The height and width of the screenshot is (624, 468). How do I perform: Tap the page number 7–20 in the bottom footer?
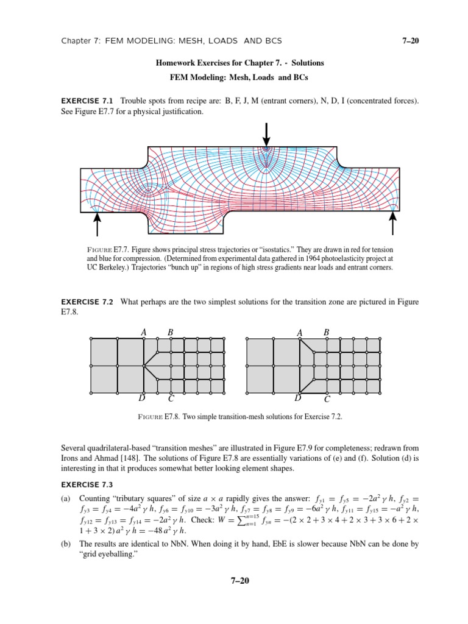point(234,580)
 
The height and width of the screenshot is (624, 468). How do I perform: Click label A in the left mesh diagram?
point(144,332)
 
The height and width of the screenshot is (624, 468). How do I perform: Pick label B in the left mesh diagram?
point(171,332)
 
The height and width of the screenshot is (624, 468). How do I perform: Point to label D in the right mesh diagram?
point(298,399)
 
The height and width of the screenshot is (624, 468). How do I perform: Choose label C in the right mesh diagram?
point(327,400)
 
